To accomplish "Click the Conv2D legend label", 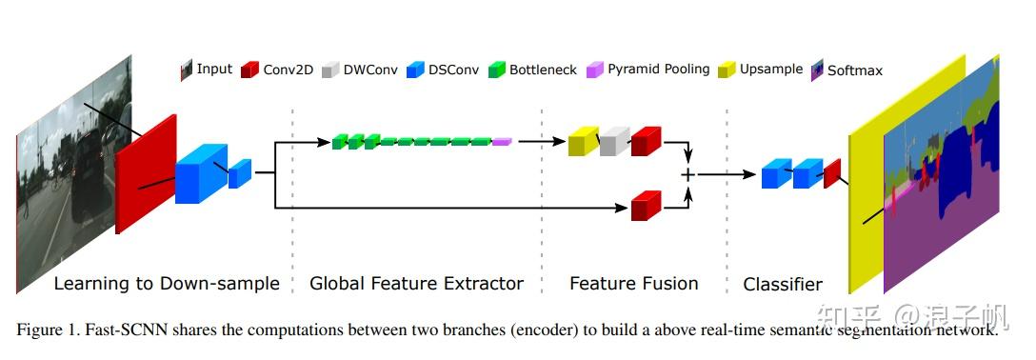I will coord(287,69).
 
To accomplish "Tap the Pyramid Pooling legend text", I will coord(658,69).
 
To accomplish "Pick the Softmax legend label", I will coord(854,70).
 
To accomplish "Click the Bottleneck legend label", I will coord(543,69).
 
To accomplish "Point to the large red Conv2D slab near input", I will coord(146,174).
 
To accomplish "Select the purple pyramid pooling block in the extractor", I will coord(502,142).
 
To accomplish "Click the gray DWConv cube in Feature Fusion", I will coord(614,141).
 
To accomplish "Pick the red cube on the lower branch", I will coord(645,205).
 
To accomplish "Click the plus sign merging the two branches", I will coord(687,174).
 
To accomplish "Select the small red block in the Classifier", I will coord(832,172).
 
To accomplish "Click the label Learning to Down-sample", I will coord(167,283).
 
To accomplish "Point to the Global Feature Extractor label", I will coord(416,283).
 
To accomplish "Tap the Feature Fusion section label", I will coord(633,283).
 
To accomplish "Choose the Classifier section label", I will coord(782,284).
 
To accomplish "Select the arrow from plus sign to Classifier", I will coord(727,174).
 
